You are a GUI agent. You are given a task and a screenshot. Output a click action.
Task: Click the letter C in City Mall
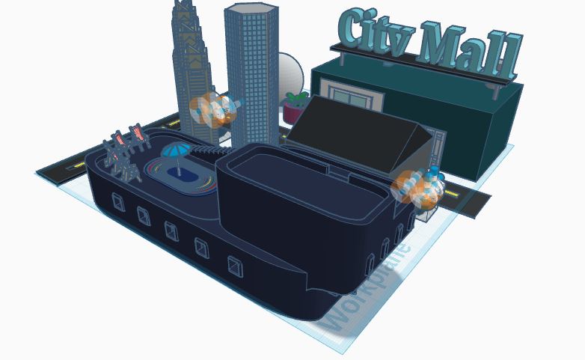(352, 29)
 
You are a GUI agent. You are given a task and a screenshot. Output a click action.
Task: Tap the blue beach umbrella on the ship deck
(175, 151)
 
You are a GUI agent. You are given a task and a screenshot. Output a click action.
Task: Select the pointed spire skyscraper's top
(183, 9)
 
